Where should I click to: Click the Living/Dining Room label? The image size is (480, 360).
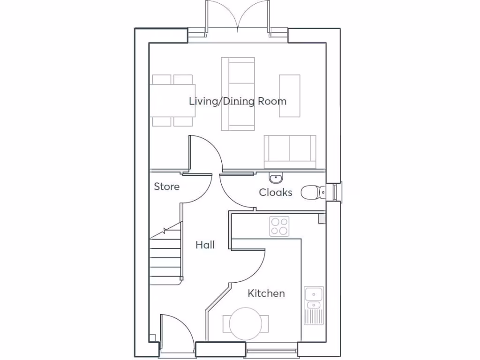pos(238,101)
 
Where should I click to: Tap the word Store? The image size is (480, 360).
pos(167,187)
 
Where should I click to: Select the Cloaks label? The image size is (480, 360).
pos(276,192)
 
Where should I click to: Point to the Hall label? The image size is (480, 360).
pos(205,245)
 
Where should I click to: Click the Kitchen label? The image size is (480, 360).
pos(266,293)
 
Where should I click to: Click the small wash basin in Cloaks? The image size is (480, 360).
pos(276,178)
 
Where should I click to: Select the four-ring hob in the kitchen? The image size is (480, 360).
pos(279,226)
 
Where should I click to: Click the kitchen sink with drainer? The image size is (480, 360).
pos(313,305)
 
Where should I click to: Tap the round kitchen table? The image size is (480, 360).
pos(246,323)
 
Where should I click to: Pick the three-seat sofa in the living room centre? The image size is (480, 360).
pos(238,94)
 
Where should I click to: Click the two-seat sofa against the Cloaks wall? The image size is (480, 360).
pos(290,151)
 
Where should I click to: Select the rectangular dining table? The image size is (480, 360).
pos(172,100)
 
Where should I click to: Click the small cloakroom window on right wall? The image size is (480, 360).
pos(335,191)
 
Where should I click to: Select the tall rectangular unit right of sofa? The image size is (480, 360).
pos(290,96)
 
